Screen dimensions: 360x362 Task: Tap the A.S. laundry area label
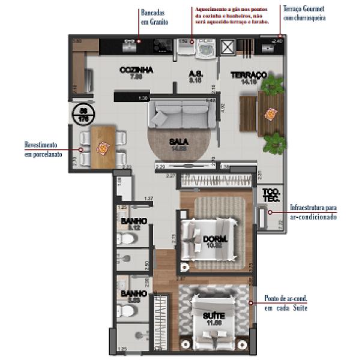(x=196, y=74)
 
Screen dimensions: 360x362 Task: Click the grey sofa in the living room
(x=179, y=113)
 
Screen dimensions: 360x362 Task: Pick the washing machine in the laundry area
(x=207, y=47)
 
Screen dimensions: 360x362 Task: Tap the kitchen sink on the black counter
(x=128, y=45)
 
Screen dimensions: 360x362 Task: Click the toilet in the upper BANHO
(x=127, y=239)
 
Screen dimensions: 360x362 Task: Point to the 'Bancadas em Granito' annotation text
(x=154, y=17)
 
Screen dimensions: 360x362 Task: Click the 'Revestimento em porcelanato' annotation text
(x=40, y=150)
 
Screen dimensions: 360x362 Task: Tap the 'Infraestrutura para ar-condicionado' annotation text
(x=313, y=212)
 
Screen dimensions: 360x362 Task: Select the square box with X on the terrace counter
(x=228, y=47)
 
